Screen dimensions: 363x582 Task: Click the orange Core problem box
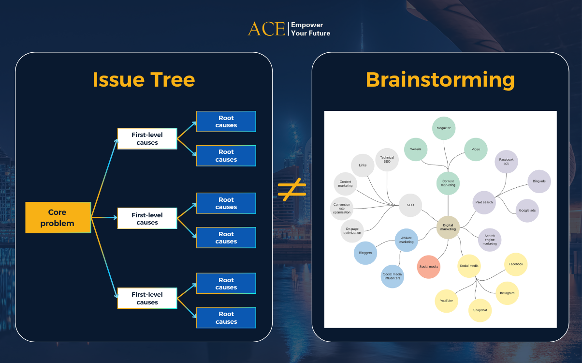pyautogui.click(x=58, y=217)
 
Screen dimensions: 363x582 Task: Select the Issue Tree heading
pyautogui.click(x=144, y=79)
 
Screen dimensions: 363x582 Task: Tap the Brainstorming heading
pyautogui.click(x=440, y=79)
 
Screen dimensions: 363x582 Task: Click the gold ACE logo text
pyautogui.click(x=266, y=29)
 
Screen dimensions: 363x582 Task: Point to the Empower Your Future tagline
pyautogui.click(x=310, y=29)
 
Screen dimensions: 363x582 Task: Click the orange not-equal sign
pyautogui.click(x=292, y=189)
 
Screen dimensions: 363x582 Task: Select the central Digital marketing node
pyautogui.click(x=448, y=227)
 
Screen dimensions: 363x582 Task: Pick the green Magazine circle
pyautogui.click(x=444, y=128)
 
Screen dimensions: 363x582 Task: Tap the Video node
pyautogui.click(x=476, y=150)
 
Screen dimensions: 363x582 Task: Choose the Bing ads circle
pyautogui.click(x=539, y=181)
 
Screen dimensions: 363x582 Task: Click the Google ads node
pyautogui.click(x=526, y=211)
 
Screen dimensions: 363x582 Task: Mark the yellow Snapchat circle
pyautogui.click(x=480, y=310)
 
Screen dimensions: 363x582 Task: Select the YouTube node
pyautogui.click(x=446, y=301)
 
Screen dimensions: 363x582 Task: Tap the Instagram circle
pyautogui.click(x=507, y=293)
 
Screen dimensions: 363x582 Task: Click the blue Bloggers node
pyautogui.click(x=365, y=253)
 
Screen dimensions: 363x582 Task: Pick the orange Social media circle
pyautogui.click(x=428, y=267)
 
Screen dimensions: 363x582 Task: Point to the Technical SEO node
pyautogui.click(x=387, y=159)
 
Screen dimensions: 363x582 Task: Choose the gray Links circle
pyautogui.click(x=363, y=166)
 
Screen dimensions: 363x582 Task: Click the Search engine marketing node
pyautogui.click(x=490, y=240)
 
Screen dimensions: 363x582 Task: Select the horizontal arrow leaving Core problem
pyautogui.click(x=104, y=218)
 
